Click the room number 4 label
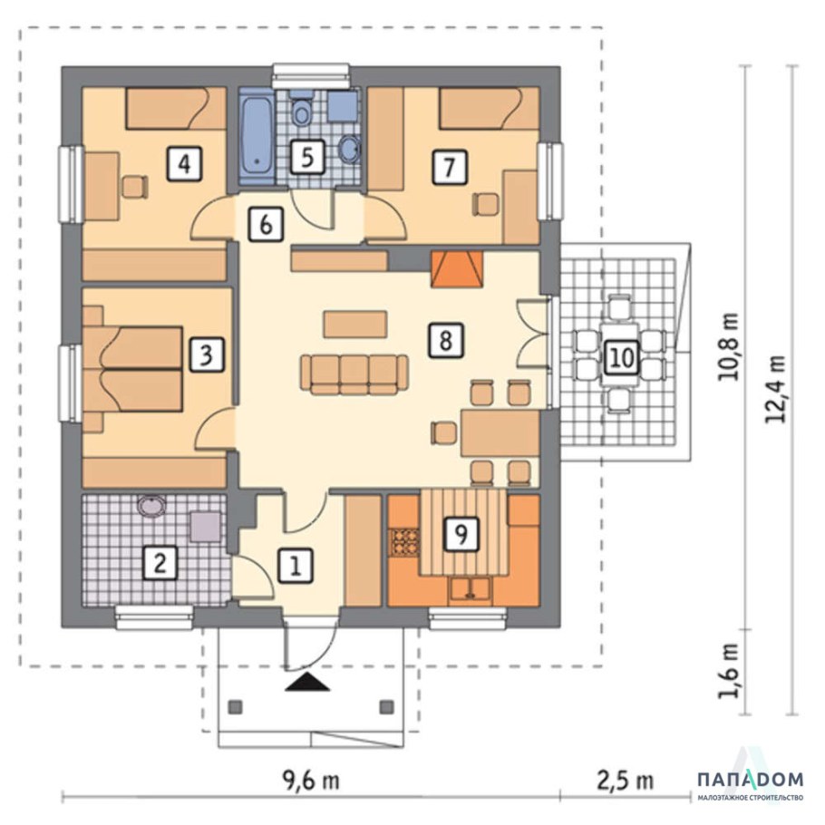tap(184, 165)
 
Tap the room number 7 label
tap(449, 167)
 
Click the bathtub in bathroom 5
tap(257, 136)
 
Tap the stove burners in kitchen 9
tap(404, 541)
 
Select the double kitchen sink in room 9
tap(470, 589)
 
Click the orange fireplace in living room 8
tap(456, 269)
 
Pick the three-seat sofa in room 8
tap(354, 374)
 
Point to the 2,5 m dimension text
tap(625, 780)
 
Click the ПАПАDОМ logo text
tap(751, 780)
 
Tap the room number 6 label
tap(266, 224)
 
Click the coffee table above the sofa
tap(355, 325)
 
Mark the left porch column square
tap(235, 706)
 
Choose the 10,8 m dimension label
tap(729, 346)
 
